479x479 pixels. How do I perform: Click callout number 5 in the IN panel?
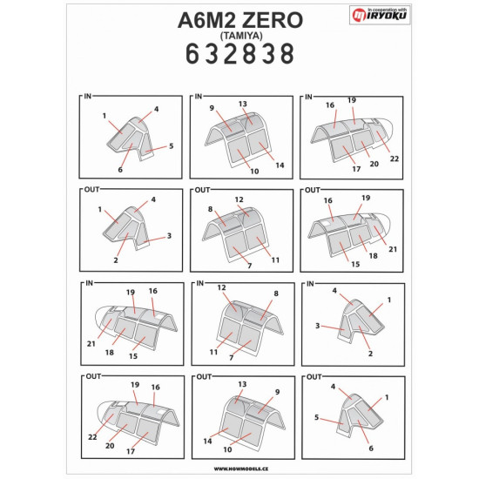(x=172, y=145)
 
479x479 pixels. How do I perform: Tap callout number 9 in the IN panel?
(x=211, y=107)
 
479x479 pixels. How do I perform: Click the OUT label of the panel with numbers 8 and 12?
(x=201, y=189)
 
